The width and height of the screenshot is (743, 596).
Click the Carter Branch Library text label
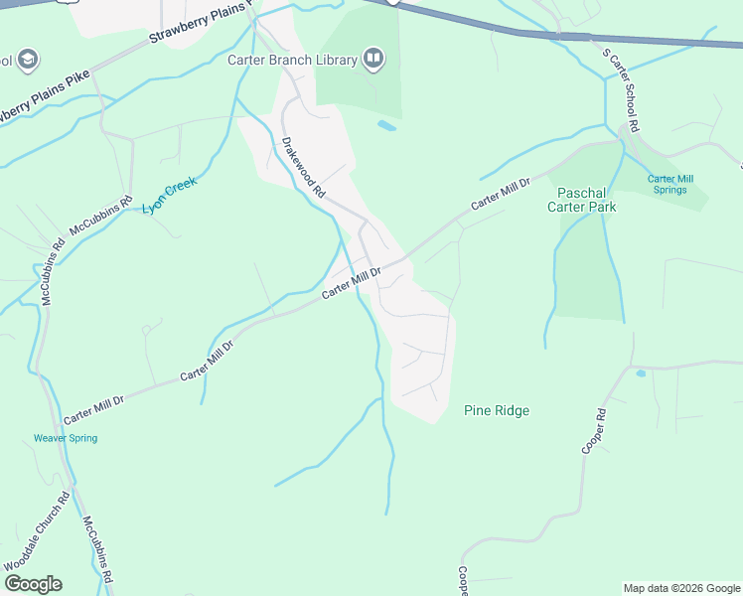[292, 61]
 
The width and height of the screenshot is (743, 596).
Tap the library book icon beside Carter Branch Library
[373, 60]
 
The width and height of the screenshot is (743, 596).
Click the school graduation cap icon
[27, 60]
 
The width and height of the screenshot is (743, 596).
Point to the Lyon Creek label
[169, 195]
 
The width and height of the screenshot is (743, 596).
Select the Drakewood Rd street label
[304, 170]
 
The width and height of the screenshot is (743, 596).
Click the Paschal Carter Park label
[586, 200]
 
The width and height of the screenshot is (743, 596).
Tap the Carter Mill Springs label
[670, 184]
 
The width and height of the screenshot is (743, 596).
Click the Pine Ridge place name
[497, 410]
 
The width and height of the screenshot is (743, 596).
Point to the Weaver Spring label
[66, 438]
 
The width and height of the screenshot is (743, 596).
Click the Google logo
[33, 583]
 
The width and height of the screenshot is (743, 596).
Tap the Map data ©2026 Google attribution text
[680, 588]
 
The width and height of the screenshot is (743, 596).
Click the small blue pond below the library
[386, 126]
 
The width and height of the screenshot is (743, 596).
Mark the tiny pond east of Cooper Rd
[640, 373]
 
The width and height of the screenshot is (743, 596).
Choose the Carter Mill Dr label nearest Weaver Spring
[94, 406]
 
